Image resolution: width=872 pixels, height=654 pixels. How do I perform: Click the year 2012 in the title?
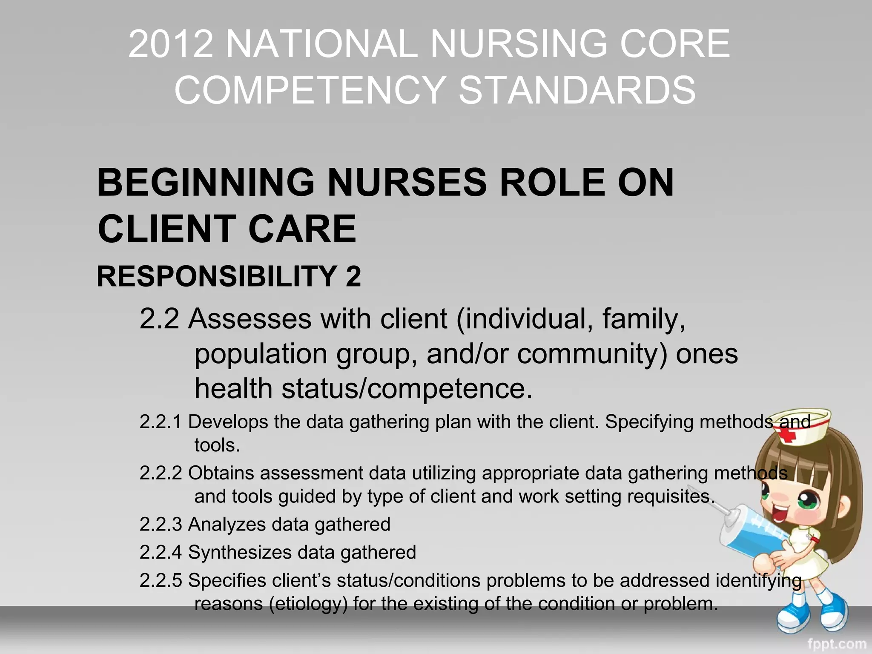[x=171, y=43]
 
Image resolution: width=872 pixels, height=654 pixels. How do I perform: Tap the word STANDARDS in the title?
[x=577, y=90]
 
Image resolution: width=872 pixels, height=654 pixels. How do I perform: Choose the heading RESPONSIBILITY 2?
[x=229, y=276]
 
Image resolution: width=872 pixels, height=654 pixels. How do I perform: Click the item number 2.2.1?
[x=161, y=422]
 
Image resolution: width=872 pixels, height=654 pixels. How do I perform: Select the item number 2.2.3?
[x=161, y=524]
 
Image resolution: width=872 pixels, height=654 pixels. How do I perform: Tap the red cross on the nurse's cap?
[x=788, y=436]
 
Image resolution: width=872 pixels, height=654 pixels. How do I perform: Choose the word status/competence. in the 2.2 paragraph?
[x=407, y=389]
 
